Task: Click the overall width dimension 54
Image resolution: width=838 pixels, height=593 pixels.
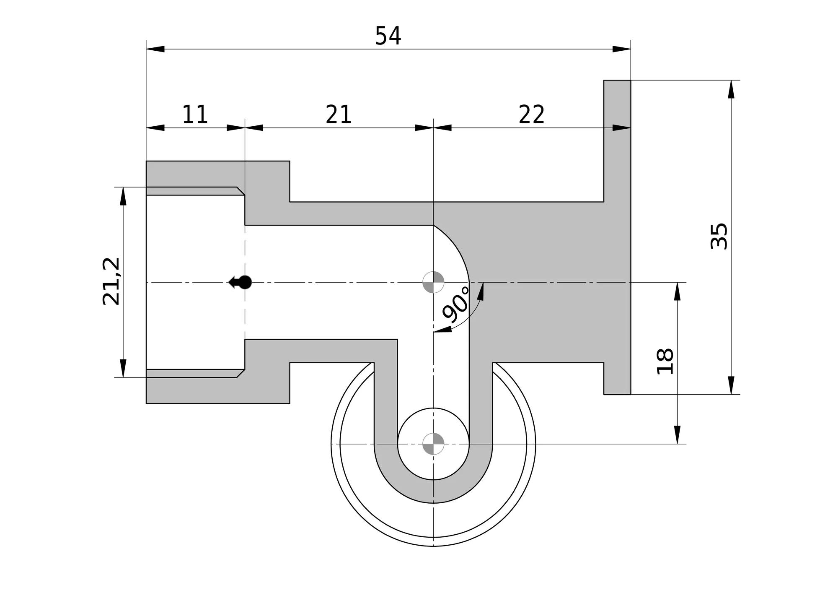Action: (x=388, y=36)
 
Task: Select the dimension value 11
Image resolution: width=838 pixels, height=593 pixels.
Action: (x=195, y=114)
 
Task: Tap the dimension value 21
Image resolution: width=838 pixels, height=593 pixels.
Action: (x=339, y=114)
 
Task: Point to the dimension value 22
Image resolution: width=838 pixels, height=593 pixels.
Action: (x=532, y=114)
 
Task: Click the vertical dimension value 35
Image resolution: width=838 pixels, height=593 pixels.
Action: (x=719, y=236)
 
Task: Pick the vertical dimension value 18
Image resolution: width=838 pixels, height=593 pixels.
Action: (x=665, y=361)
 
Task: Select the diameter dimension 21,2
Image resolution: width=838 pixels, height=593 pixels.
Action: (x=111, y=281)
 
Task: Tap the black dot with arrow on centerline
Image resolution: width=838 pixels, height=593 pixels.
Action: (x=240, y=282)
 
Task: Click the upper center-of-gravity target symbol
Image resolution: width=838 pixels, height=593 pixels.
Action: (x=433, y=282)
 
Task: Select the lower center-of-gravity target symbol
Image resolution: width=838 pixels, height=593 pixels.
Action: (x=433, y=444)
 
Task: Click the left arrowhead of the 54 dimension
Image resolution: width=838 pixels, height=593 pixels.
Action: (x=155, y=49)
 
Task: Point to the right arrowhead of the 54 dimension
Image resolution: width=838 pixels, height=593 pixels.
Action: (x=621, y=49)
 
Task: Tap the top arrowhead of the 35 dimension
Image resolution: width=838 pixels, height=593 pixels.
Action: (x=731, y=89)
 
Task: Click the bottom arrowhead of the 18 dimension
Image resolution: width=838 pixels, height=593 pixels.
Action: (x=677, y=434)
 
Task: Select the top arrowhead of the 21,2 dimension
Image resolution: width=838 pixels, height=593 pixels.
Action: (x=123, y=196)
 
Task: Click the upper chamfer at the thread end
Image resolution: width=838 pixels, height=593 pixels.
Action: (x=241, y=191)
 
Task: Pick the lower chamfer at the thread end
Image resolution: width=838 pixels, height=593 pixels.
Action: (x=241, y=373)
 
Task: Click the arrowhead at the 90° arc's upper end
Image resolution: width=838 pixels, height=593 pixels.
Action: (x=481, y=291)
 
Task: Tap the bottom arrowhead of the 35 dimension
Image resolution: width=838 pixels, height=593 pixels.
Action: (x=731, y=385)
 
